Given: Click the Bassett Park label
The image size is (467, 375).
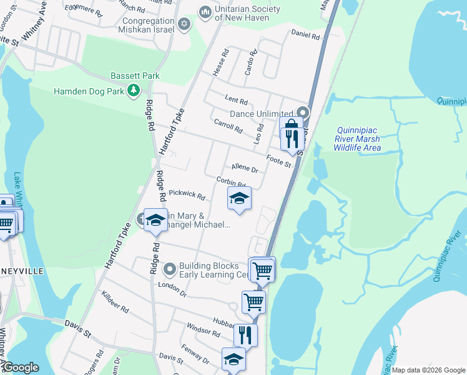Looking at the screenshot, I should [135, 76].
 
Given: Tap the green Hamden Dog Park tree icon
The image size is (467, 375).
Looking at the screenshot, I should [133, 91].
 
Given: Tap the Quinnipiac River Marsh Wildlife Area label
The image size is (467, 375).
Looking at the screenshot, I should [356, 138].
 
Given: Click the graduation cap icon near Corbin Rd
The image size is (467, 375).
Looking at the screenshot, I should [238, 199].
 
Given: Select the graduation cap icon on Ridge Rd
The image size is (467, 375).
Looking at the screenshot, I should [155, 220].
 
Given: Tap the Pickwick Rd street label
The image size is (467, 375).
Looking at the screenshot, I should [187, 196].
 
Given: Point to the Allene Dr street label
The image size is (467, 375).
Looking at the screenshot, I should [244, 167].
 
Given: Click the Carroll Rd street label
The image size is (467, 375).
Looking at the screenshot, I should [228, 126].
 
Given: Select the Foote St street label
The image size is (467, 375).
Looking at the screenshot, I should [279, 161].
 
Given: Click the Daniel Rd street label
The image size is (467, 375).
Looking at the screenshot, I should [305, 37].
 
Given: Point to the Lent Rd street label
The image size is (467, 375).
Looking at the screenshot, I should [236, 101].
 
